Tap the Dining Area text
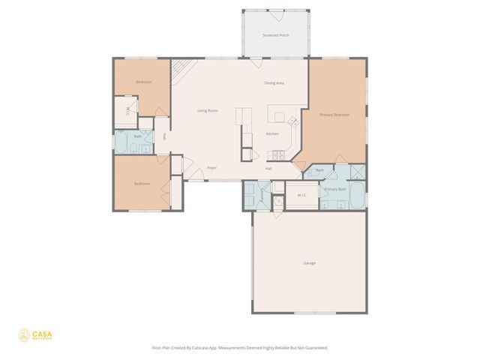pos(274,82)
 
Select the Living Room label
pos(208,111)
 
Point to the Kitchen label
pos(272,134)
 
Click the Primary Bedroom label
pos(334,115)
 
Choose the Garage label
pos(309,263)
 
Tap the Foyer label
pos(212,168)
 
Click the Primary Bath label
pos(334,189)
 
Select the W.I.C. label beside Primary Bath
pos(302,195)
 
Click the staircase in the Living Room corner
pos(181,72)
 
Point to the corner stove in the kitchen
pos(293,122)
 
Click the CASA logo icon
pos(23,335)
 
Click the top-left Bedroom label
pos(143,82)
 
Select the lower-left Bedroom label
pos(142,184)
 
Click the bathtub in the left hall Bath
pos(120,142)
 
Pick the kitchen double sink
pos(277,156)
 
